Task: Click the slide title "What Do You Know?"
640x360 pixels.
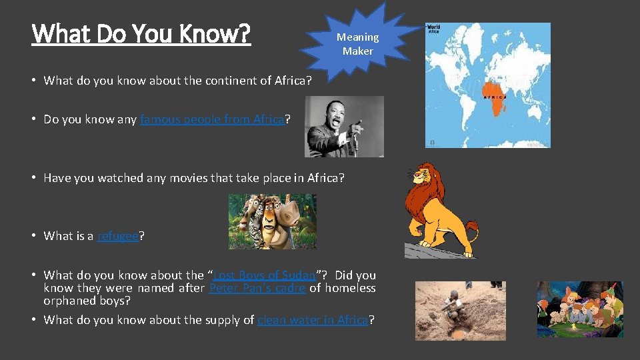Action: (x=141, y=33)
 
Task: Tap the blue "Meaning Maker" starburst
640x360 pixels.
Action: (x=357, y=44)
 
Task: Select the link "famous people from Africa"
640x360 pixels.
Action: (x=212, y=120)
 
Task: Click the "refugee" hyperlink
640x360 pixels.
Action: (x=118, y=236)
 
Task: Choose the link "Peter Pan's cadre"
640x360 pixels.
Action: (x=257, y=288)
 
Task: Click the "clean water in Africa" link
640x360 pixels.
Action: (x=312, y=320)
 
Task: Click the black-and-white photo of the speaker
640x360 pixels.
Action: (x=344, y=127)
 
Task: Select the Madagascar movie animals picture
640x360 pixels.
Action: (x=272, y=221)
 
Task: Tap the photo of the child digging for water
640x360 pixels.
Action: (x=460, y=310)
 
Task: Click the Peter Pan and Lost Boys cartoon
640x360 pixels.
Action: (x=580, y=309)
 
